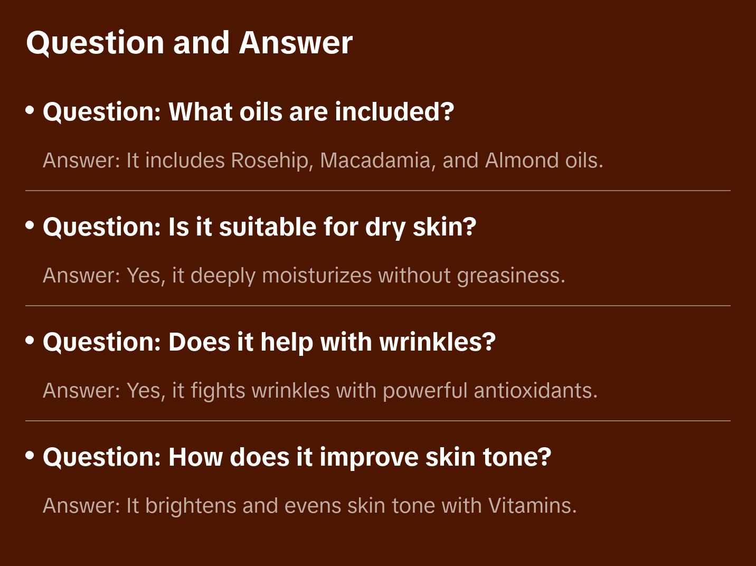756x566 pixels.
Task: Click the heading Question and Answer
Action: click(x=189, y=43)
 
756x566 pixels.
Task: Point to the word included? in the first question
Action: click(x=394, y=111)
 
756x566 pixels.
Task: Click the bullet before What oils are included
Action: click(x=30, y=110)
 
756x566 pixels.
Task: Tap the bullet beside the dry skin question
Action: click(x=30, y=225)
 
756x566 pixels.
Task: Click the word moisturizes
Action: click(x=317, y=276)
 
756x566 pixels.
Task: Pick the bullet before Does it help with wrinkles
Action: click(x=30, y=341)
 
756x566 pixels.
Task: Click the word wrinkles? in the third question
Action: click(x=438, y=342)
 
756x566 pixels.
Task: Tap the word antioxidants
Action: click(x=535, y=391)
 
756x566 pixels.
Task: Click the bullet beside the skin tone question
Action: click(x=30, y=456)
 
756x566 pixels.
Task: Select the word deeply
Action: click(x=223, y=276)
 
